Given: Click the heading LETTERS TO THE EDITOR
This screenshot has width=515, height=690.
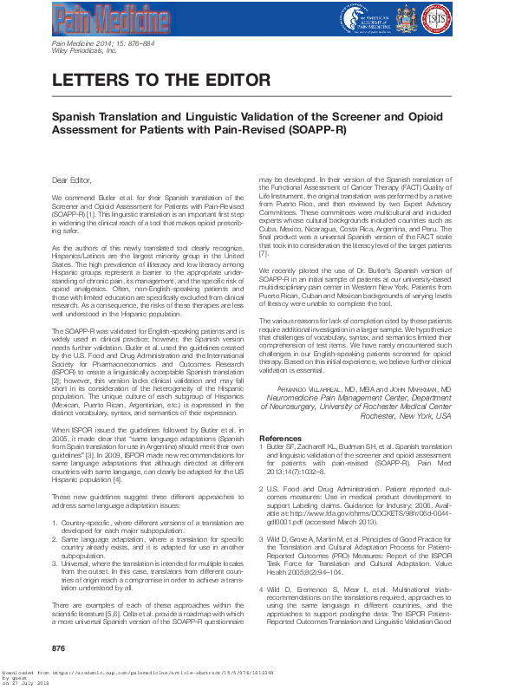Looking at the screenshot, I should point(160,80).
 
